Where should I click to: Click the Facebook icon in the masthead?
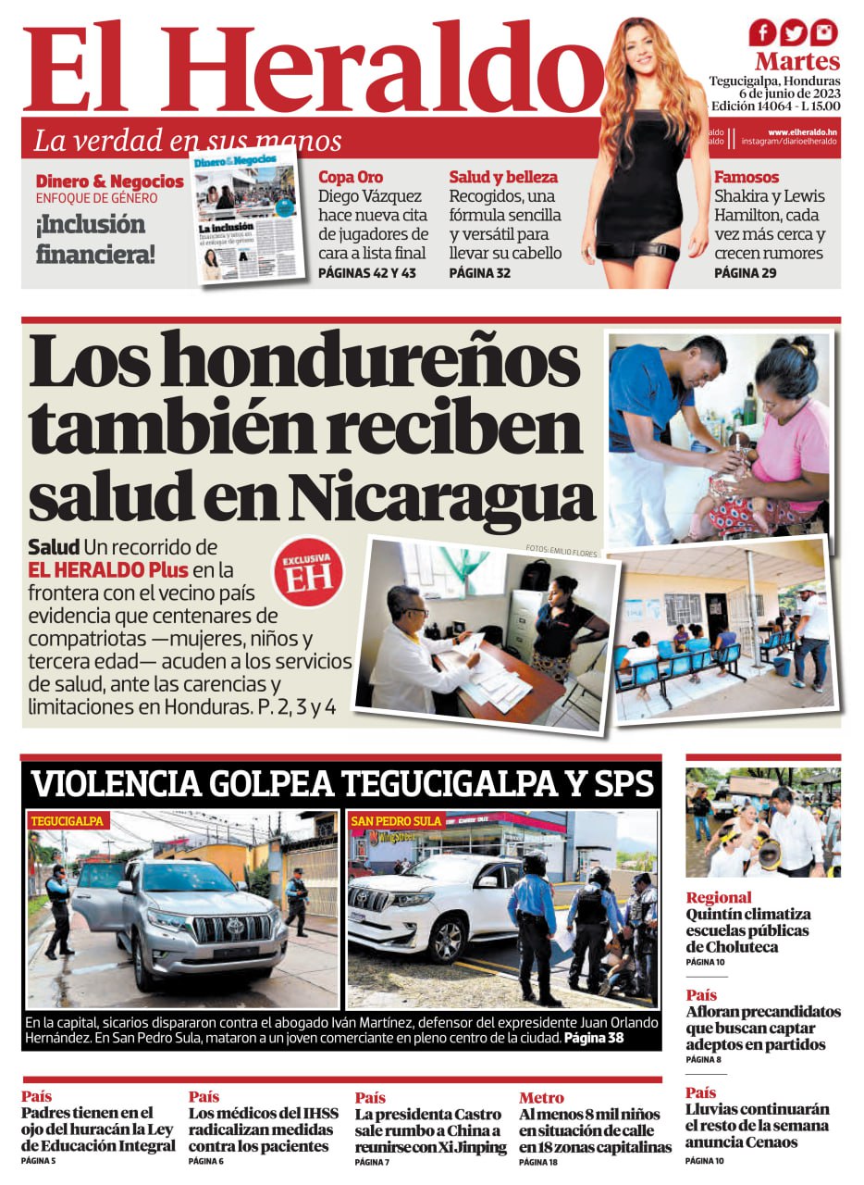pos(763,33)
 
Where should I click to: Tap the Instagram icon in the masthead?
pos(823,33)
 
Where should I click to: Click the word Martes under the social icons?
pos(796,62)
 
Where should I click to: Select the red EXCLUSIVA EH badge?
pos(307,573)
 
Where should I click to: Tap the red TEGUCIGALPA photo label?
pos(67,821)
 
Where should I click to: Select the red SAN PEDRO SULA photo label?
pos(396,821)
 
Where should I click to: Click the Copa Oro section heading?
pos(351,177)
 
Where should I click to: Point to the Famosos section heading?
pos(747,177)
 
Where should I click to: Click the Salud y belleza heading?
pos(503,177)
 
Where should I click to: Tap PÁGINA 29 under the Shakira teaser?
pos(745,273)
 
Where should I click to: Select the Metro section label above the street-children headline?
pos(541,1098)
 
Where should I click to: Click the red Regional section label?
pos(719,897)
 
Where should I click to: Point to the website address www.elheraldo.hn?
pos(802,132)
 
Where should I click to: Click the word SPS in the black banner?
pos(621,785)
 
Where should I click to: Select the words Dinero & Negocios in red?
pos(109,181)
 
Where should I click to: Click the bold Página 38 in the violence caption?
pos(594,1039)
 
